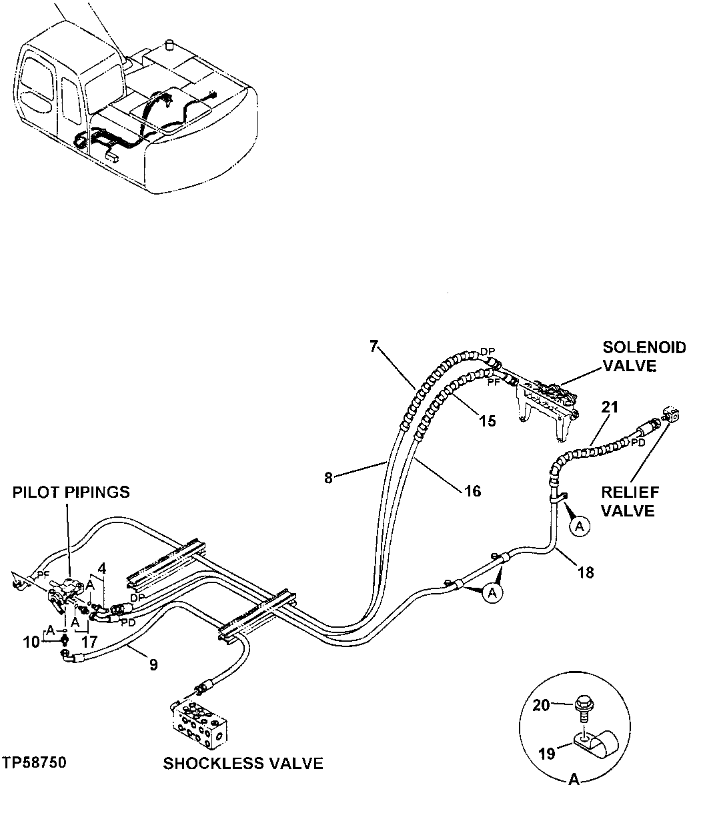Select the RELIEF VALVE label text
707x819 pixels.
[630, 501]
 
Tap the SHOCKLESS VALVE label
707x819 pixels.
[243, 764]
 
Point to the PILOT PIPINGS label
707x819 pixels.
[71, 492]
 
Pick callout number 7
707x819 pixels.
[374, 345]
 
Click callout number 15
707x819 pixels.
[488, 420]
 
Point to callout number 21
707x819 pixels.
[610, 407]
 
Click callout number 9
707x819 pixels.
[153, 665]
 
